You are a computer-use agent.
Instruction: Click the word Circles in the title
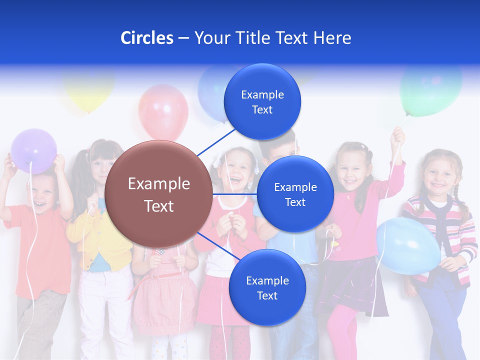147,38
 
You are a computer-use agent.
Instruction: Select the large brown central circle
158,194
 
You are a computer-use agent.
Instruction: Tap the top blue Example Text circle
262,102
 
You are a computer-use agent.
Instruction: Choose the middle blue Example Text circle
295,194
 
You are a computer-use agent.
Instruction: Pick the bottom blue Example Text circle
267,287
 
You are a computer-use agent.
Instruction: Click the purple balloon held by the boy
34,150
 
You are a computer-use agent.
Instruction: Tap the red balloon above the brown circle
163,111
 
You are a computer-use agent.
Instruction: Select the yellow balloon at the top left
89,90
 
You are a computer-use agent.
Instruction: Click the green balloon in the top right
431,90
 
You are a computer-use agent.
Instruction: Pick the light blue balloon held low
407,245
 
